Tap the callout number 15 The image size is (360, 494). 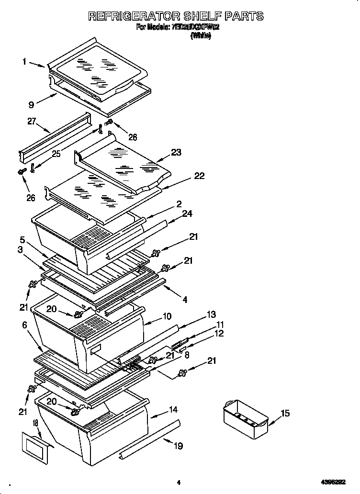[285, 414]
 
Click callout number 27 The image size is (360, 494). [32, 122]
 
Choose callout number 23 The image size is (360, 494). [176, 153]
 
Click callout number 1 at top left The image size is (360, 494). [24, 61]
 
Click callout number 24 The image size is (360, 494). [187, 213]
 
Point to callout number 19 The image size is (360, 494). [178, 446]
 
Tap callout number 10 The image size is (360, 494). [167, 316]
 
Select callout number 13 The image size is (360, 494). [211, 314]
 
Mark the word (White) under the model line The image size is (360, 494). [201, 36]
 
